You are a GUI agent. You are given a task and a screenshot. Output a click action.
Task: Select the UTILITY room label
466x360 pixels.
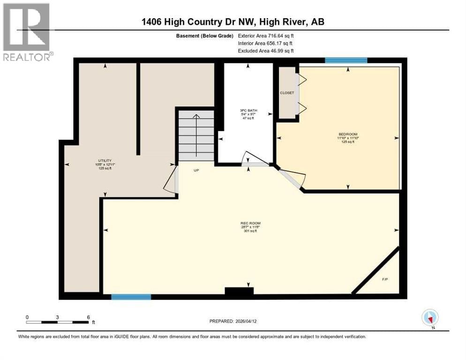(104, 160)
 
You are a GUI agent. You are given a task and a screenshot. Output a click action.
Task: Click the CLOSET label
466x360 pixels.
(287, 93)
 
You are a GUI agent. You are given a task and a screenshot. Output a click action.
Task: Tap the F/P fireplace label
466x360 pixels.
(384, 279)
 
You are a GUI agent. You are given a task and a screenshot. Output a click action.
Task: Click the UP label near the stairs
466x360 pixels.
(197, 171)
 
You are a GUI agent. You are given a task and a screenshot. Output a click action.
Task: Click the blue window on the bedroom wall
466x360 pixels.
(346, 60)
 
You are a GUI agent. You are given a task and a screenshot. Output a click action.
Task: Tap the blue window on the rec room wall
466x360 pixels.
(131, 297)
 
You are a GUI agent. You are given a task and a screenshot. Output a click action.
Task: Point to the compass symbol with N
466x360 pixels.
(429, 317)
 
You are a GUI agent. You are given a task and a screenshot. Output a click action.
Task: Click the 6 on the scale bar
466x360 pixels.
(88, 317)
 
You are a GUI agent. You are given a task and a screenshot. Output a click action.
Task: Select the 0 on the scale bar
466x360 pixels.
(27, 317)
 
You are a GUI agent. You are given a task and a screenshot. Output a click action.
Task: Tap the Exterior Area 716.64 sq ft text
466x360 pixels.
(266, 35)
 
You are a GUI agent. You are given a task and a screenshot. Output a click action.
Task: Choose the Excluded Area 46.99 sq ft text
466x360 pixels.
(266, 51)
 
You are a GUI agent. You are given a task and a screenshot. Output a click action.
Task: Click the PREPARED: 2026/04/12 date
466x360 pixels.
(233, 321)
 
